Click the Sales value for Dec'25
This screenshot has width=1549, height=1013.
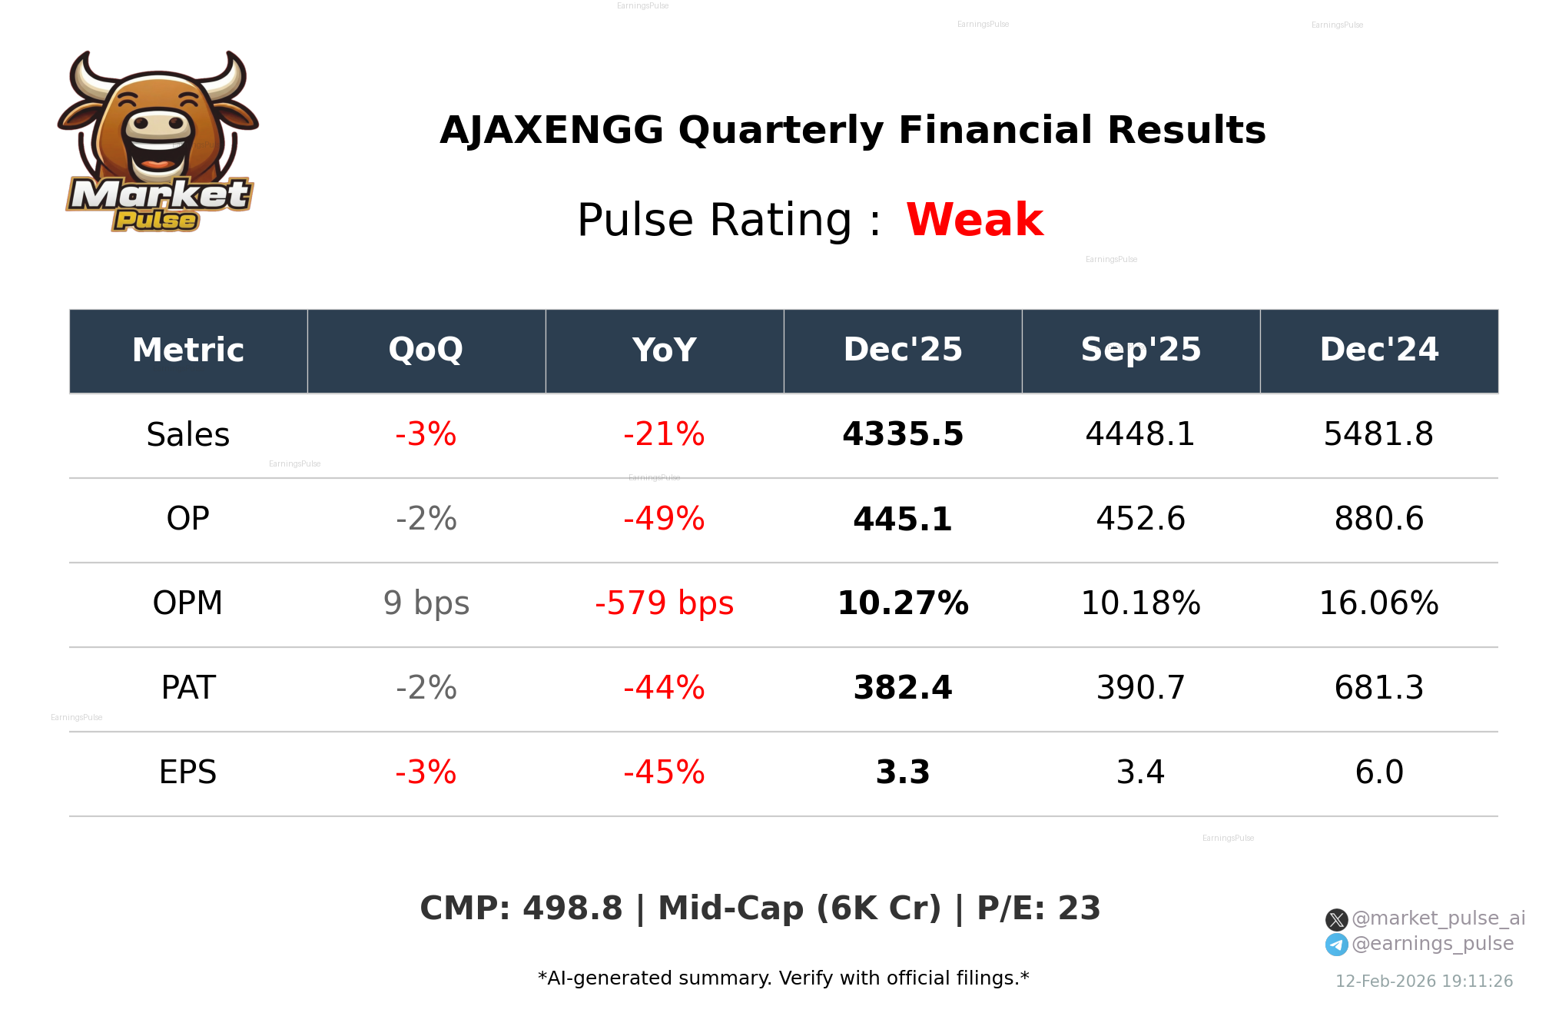pyautogui.click(x=902, y=434)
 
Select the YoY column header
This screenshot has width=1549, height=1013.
pyautogui.click(x=664, y=350)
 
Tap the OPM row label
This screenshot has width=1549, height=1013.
pyautogui.click(x=187, y=603)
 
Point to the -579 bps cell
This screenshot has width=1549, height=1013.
pyautogui.click(x=664, y=603)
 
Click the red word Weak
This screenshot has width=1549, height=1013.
pyautogui.click(x=974, y=221)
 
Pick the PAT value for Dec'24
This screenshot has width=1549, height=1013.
pyautogui.click(x=1378, y=688)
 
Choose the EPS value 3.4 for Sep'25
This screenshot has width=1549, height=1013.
pyautogui.click(x=1140, y=772)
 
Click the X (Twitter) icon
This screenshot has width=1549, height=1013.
pyautogui.click(x=1336, y=919)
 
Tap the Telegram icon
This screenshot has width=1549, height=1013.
pyautogui.click(x=1336, y=945)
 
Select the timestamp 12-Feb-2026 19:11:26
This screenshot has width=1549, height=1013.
pyautogui.click(x=1424, y=981)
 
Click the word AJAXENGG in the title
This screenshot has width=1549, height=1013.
pyautogui.click(x=551, y=131)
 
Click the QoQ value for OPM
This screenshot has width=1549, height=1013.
pyautogui.click(x=426, y=603)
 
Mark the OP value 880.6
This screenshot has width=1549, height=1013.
pyautogui.click(x=1378, y=519)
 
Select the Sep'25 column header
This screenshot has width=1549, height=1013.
pyautogui.click(x=1140, y=350)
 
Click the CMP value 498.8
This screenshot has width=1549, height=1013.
pyautogui.click(x=572, y=908)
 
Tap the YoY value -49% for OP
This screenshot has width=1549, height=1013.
pyautogui.click(x=664, y=519)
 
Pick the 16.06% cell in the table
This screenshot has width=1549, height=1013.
pyautogui.click(x=1378, y=603)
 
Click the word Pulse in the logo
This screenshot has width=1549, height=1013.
pyautogui.click(x=156, y=221)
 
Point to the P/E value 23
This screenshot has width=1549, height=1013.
pyautogui.click(x=1079, y=908)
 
